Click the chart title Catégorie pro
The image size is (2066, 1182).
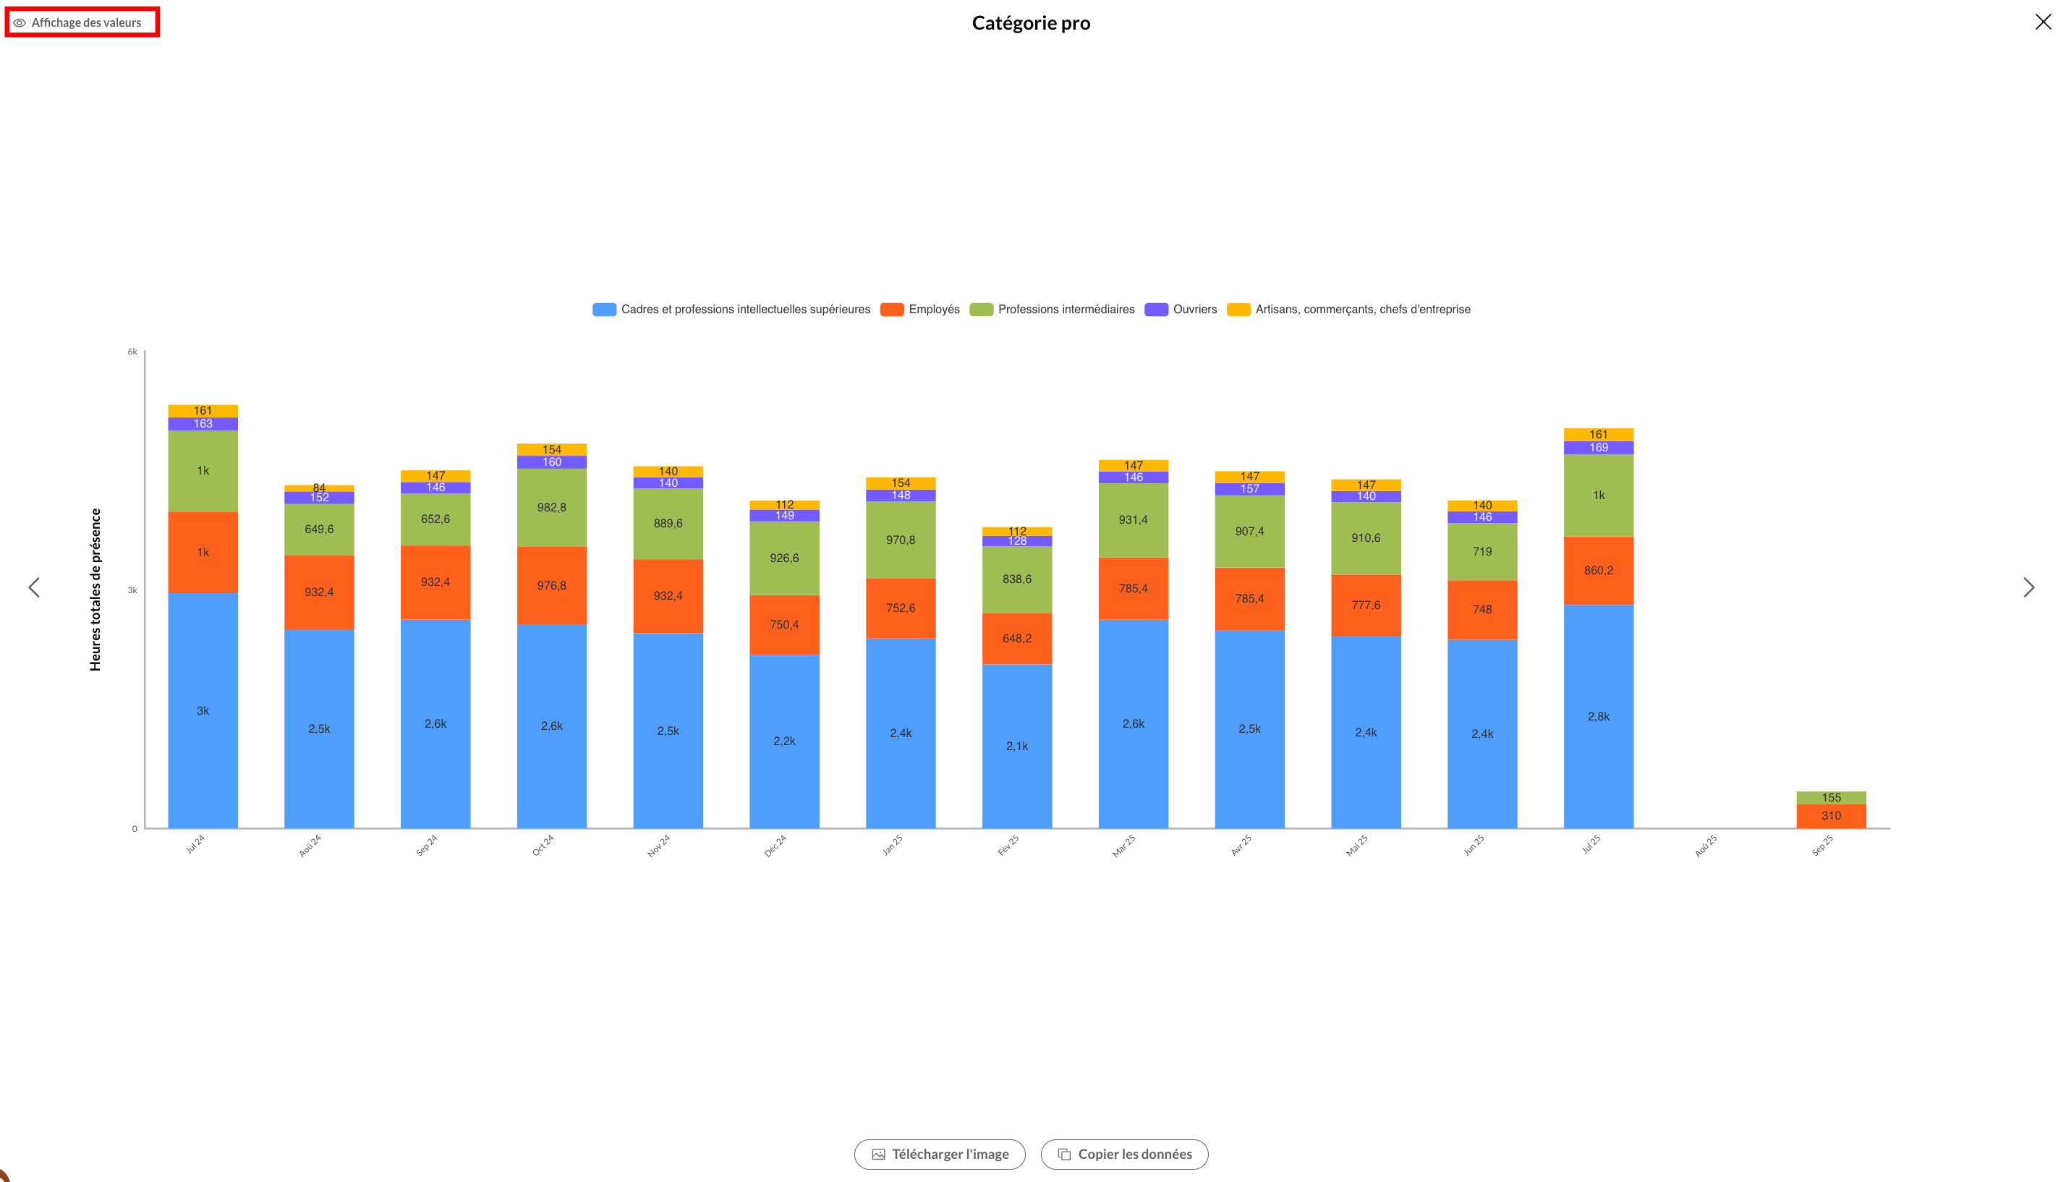(1031, 22)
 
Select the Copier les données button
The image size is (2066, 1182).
(1123, 1154)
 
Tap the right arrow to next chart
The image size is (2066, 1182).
(2028, 587)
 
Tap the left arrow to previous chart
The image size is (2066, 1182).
(34, 587)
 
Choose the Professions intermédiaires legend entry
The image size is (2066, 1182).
(1052, 310)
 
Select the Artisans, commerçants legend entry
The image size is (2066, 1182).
(1348, 310)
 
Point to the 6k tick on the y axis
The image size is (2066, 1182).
(132, 352)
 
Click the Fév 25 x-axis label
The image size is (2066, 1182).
(1008, 845)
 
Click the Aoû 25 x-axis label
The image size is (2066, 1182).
(1706, 845)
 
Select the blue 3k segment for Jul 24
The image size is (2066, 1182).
(203, 710)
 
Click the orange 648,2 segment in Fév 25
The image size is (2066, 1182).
(1017, 638)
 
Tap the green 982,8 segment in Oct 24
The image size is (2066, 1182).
(552, 507)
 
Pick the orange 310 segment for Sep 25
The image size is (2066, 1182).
(1831, 816)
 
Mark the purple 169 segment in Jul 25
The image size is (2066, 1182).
(1599, 447)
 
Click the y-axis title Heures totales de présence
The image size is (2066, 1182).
(95, 590)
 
